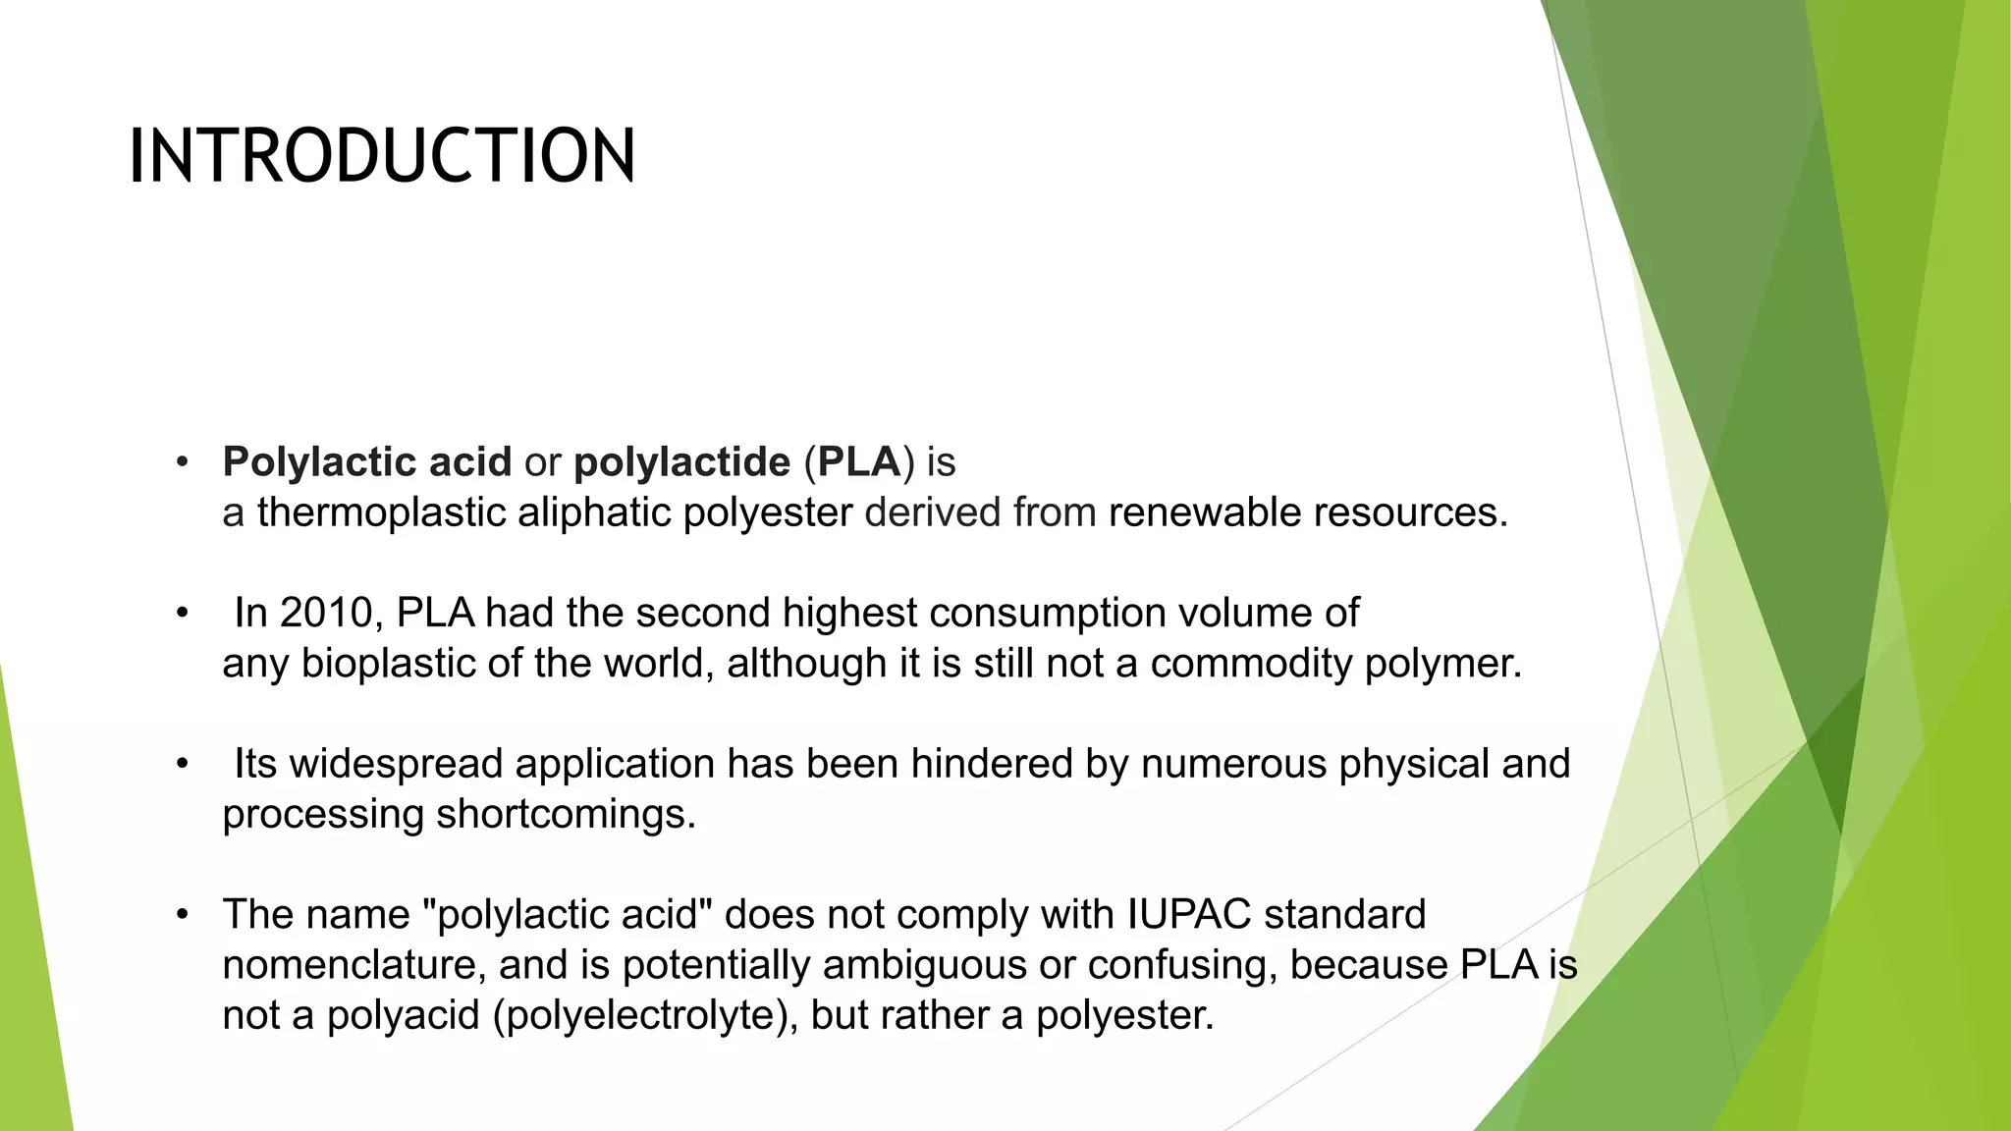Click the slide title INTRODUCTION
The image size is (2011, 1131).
coord(382,156)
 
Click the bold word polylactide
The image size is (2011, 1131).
coord(681,461)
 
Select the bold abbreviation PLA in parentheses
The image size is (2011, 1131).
coord(859,461)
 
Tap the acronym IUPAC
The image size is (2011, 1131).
coord(1189,915)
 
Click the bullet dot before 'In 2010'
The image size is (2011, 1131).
coord(182,614)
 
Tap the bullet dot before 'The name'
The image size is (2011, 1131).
coord(182,915)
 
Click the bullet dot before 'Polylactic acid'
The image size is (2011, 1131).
coord(182,462)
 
